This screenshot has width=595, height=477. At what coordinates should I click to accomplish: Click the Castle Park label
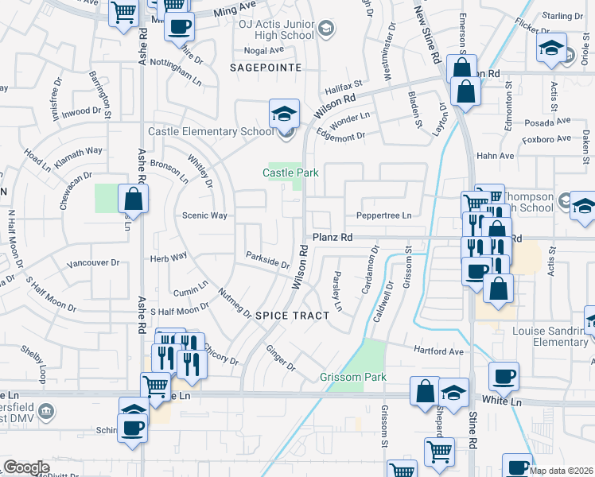[285, 173]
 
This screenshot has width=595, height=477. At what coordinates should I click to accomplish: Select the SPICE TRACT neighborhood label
[292, 316]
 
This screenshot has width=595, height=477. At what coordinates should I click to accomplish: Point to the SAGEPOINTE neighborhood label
[266, 68]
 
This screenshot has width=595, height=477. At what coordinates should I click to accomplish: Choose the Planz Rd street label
[332, 237]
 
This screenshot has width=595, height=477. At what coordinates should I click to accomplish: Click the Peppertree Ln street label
[383, 215]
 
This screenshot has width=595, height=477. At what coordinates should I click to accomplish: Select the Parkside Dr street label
[267, 260]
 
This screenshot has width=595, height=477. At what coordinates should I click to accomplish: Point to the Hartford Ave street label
[437, 351]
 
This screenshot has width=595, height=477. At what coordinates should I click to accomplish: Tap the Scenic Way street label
[204, 215]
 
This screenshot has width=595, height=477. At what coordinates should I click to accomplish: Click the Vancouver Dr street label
[92, 263]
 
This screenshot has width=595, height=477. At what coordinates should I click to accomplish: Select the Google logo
[26, 467]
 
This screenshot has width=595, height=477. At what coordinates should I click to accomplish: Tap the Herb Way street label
[169, 256]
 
